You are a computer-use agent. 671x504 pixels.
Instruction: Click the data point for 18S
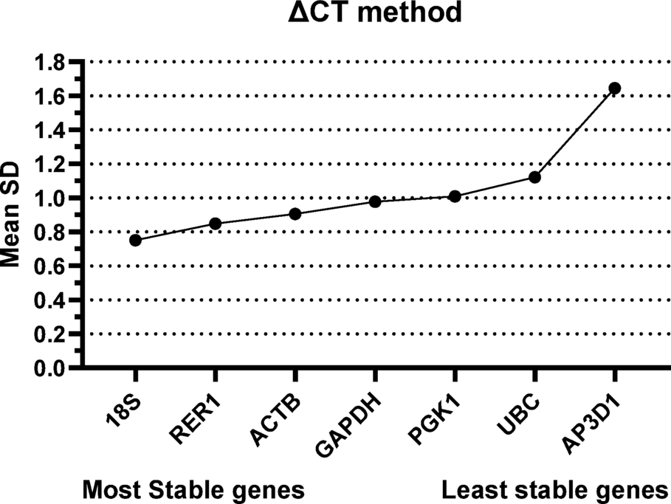[135, 240]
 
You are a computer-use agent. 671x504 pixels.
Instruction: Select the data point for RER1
[215, 224]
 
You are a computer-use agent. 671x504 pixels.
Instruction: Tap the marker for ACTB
[295, 214]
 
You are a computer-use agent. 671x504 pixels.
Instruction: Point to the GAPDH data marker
[375, 201]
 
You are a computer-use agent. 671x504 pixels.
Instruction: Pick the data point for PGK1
[455, 196]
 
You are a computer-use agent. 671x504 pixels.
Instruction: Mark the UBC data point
[535, 177]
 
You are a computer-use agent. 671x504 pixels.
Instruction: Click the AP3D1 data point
[614, 89]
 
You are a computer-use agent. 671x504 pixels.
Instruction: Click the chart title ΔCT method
[375, 13]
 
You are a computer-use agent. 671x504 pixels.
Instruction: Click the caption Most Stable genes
[193, 489]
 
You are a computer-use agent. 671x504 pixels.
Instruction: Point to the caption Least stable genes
[554, 489]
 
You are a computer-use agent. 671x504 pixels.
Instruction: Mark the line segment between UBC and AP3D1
[575, 133]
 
